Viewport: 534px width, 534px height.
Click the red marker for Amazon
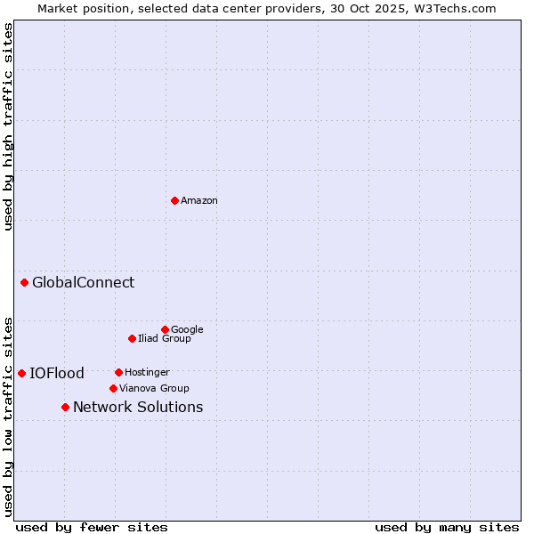click(x=174, y=200)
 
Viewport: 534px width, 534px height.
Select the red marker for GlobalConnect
click(x=24, y=282)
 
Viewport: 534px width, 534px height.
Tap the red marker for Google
click(x=165, y=329)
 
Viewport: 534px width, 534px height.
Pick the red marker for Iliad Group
click(x=132, y=338)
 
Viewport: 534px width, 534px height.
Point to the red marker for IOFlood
click(x=21, y=373)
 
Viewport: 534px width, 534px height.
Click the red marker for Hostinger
click(x=118, y=372)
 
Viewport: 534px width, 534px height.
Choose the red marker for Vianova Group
click(x=113, y=388)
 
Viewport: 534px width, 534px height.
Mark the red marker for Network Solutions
click(x=65, y=407)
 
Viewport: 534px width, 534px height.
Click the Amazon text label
click(x=199, y=201)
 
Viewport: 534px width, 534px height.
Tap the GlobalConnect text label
click(x=84, y=283)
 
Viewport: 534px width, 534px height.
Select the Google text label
click(x=187, y=329)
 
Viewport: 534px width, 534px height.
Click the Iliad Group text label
click(x=165, y=338)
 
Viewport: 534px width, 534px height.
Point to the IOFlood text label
click(x=57, y=374)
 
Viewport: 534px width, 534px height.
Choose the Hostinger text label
click(x=147, y=372)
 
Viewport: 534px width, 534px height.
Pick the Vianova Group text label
click(x=154, y=388)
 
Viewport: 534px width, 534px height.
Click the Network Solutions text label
click(x=138, y=408)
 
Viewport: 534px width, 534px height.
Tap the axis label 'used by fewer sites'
click(x=92, y=527)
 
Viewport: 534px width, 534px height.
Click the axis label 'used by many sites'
click(x=447, y=527)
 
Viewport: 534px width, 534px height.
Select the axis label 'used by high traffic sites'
click(x=8, y=126)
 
